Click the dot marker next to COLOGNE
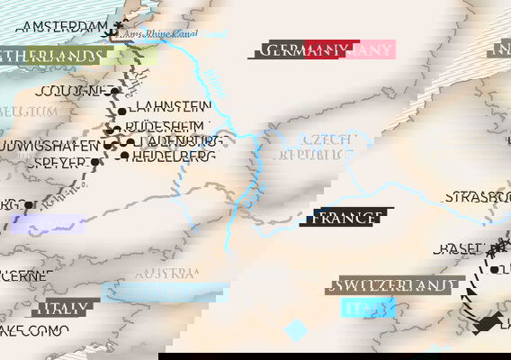point(115,92)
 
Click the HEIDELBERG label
point(174,157)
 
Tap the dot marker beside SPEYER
point(94,163)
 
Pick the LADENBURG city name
point(180,142)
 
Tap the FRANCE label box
point(352,217)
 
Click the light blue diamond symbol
point(296,330)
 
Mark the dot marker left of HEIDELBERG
point(123,157)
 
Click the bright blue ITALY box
point(369,309)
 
